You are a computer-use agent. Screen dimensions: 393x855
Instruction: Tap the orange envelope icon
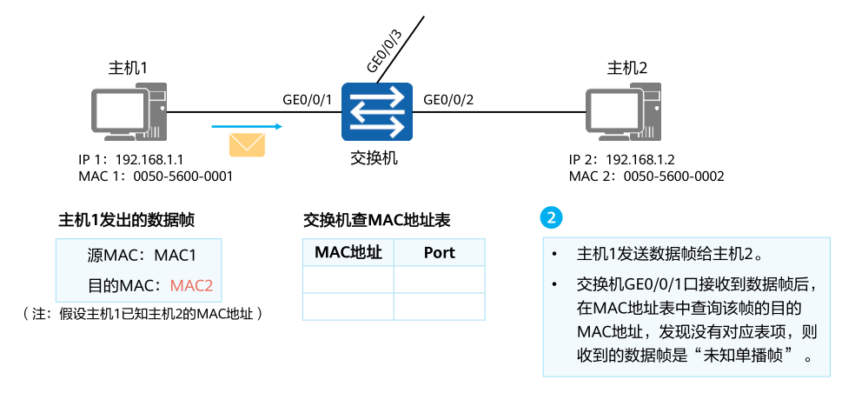coord(247,143)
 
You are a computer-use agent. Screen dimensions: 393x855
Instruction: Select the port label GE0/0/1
coord(308,99)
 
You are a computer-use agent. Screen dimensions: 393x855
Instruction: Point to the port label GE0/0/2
coord(448,99)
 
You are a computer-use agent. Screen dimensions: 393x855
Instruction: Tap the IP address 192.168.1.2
coord(641,160)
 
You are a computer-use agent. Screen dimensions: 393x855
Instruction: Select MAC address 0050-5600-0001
coord(183,176)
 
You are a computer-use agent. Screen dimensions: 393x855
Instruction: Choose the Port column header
coord(439,253)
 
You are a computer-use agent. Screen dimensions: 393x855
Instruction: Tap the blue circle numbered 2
coord(551,216)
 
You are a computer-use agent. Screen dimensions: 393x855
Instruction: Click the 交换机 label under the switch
coord(374,157)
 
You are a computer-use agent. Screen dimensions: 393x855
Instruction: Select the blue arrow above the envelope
coord(247,127)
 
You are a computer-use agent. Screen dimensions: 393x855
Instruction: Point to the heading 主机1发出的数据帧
coord(126,221)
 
